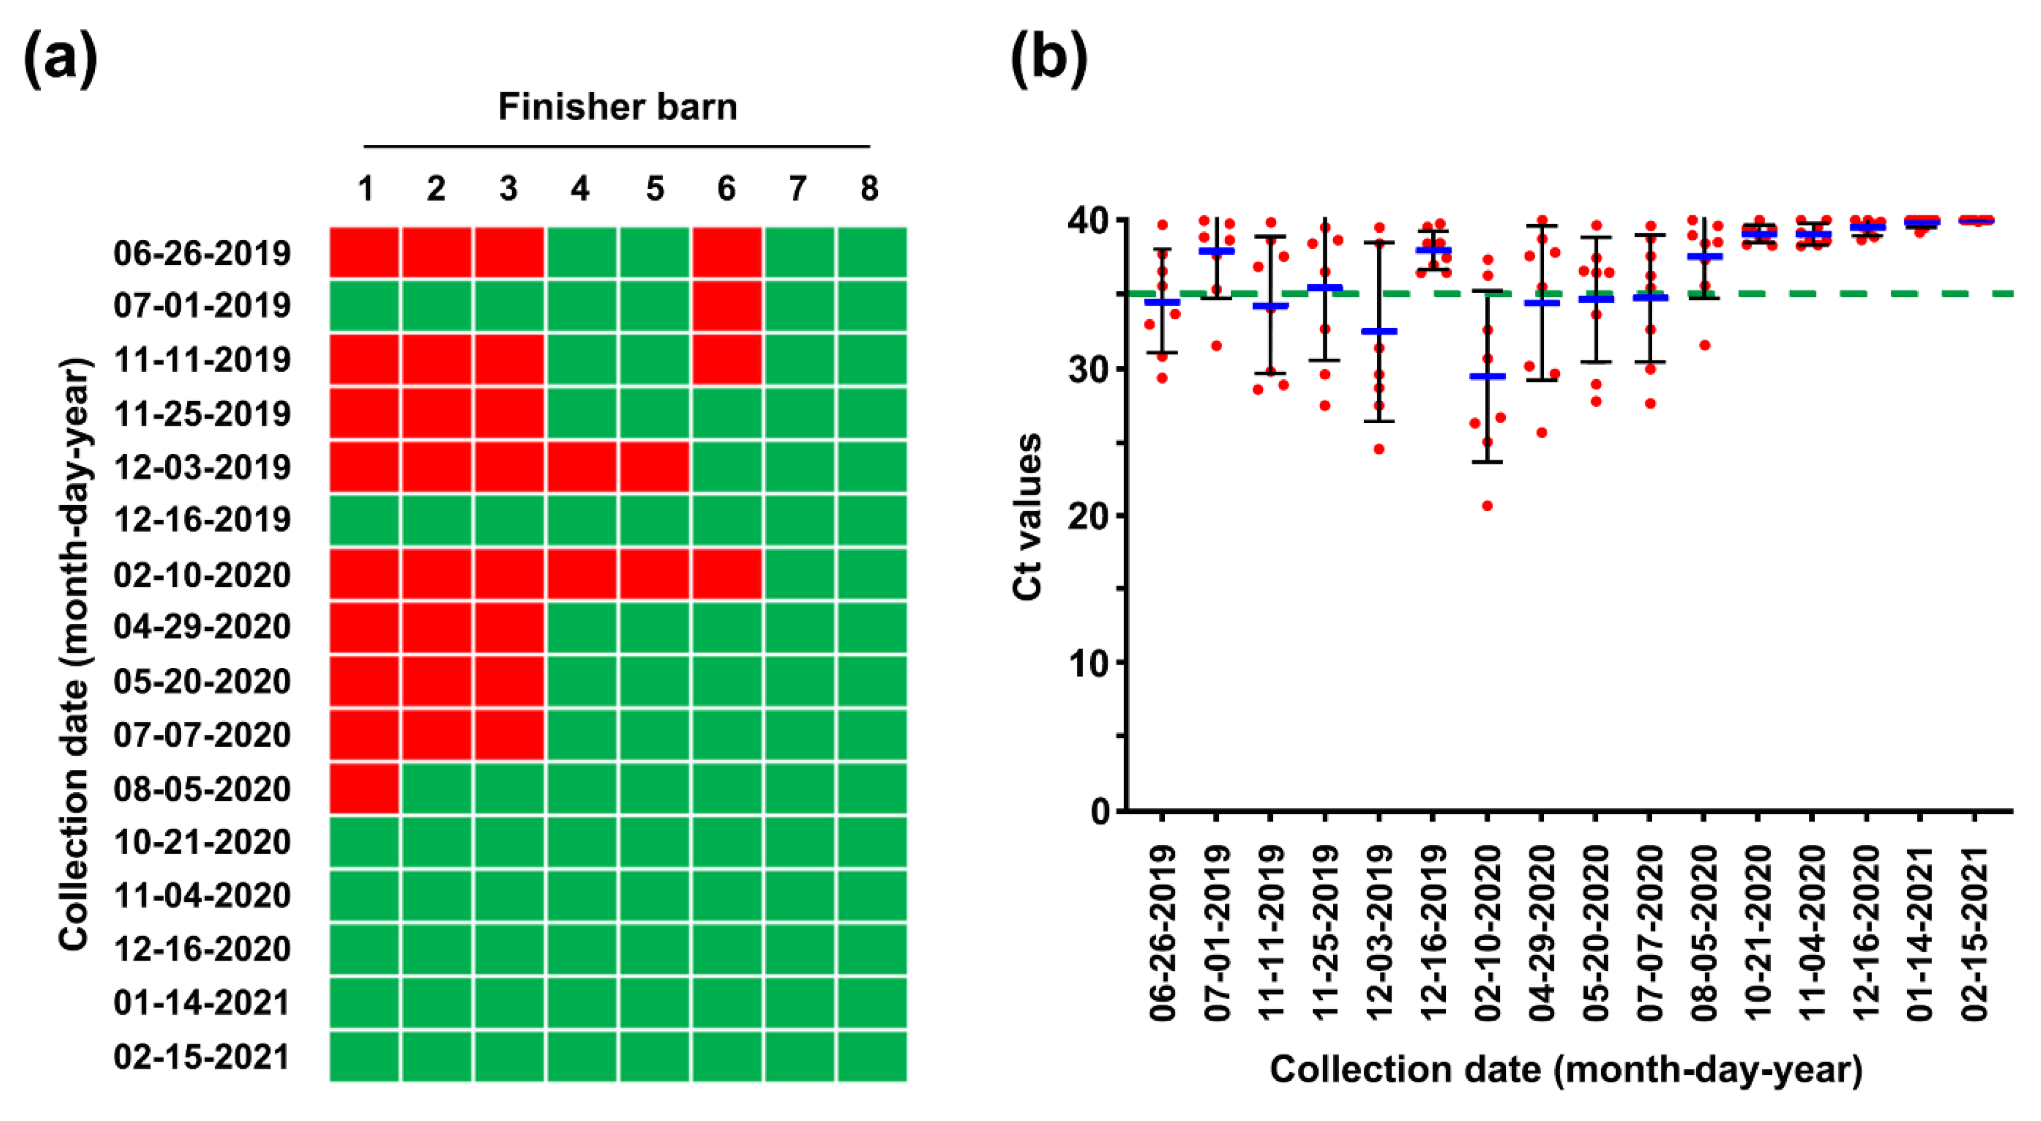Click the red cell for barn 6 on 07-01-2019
[727, 306]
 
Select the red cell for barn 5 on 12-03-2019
[654, 467]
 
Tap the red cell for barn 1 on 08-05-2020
[365, 788]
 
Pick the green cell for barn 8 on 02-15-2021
[871, 1056]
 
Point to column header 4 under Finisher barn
[580, 189]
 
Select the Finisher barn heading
[617, 107]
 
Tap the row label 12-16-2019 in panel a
[202, 520]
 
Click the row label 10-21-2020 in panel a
[202, 842]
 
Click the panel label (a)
[61, 60]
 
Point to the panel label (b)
[1048, 60]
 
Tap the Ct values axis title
[1027, 517]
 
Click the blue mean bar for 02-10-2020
[1487, 377]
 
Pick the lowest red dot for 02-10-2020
[1487, 505]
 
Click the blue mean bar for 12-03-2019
[1379, 331]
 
